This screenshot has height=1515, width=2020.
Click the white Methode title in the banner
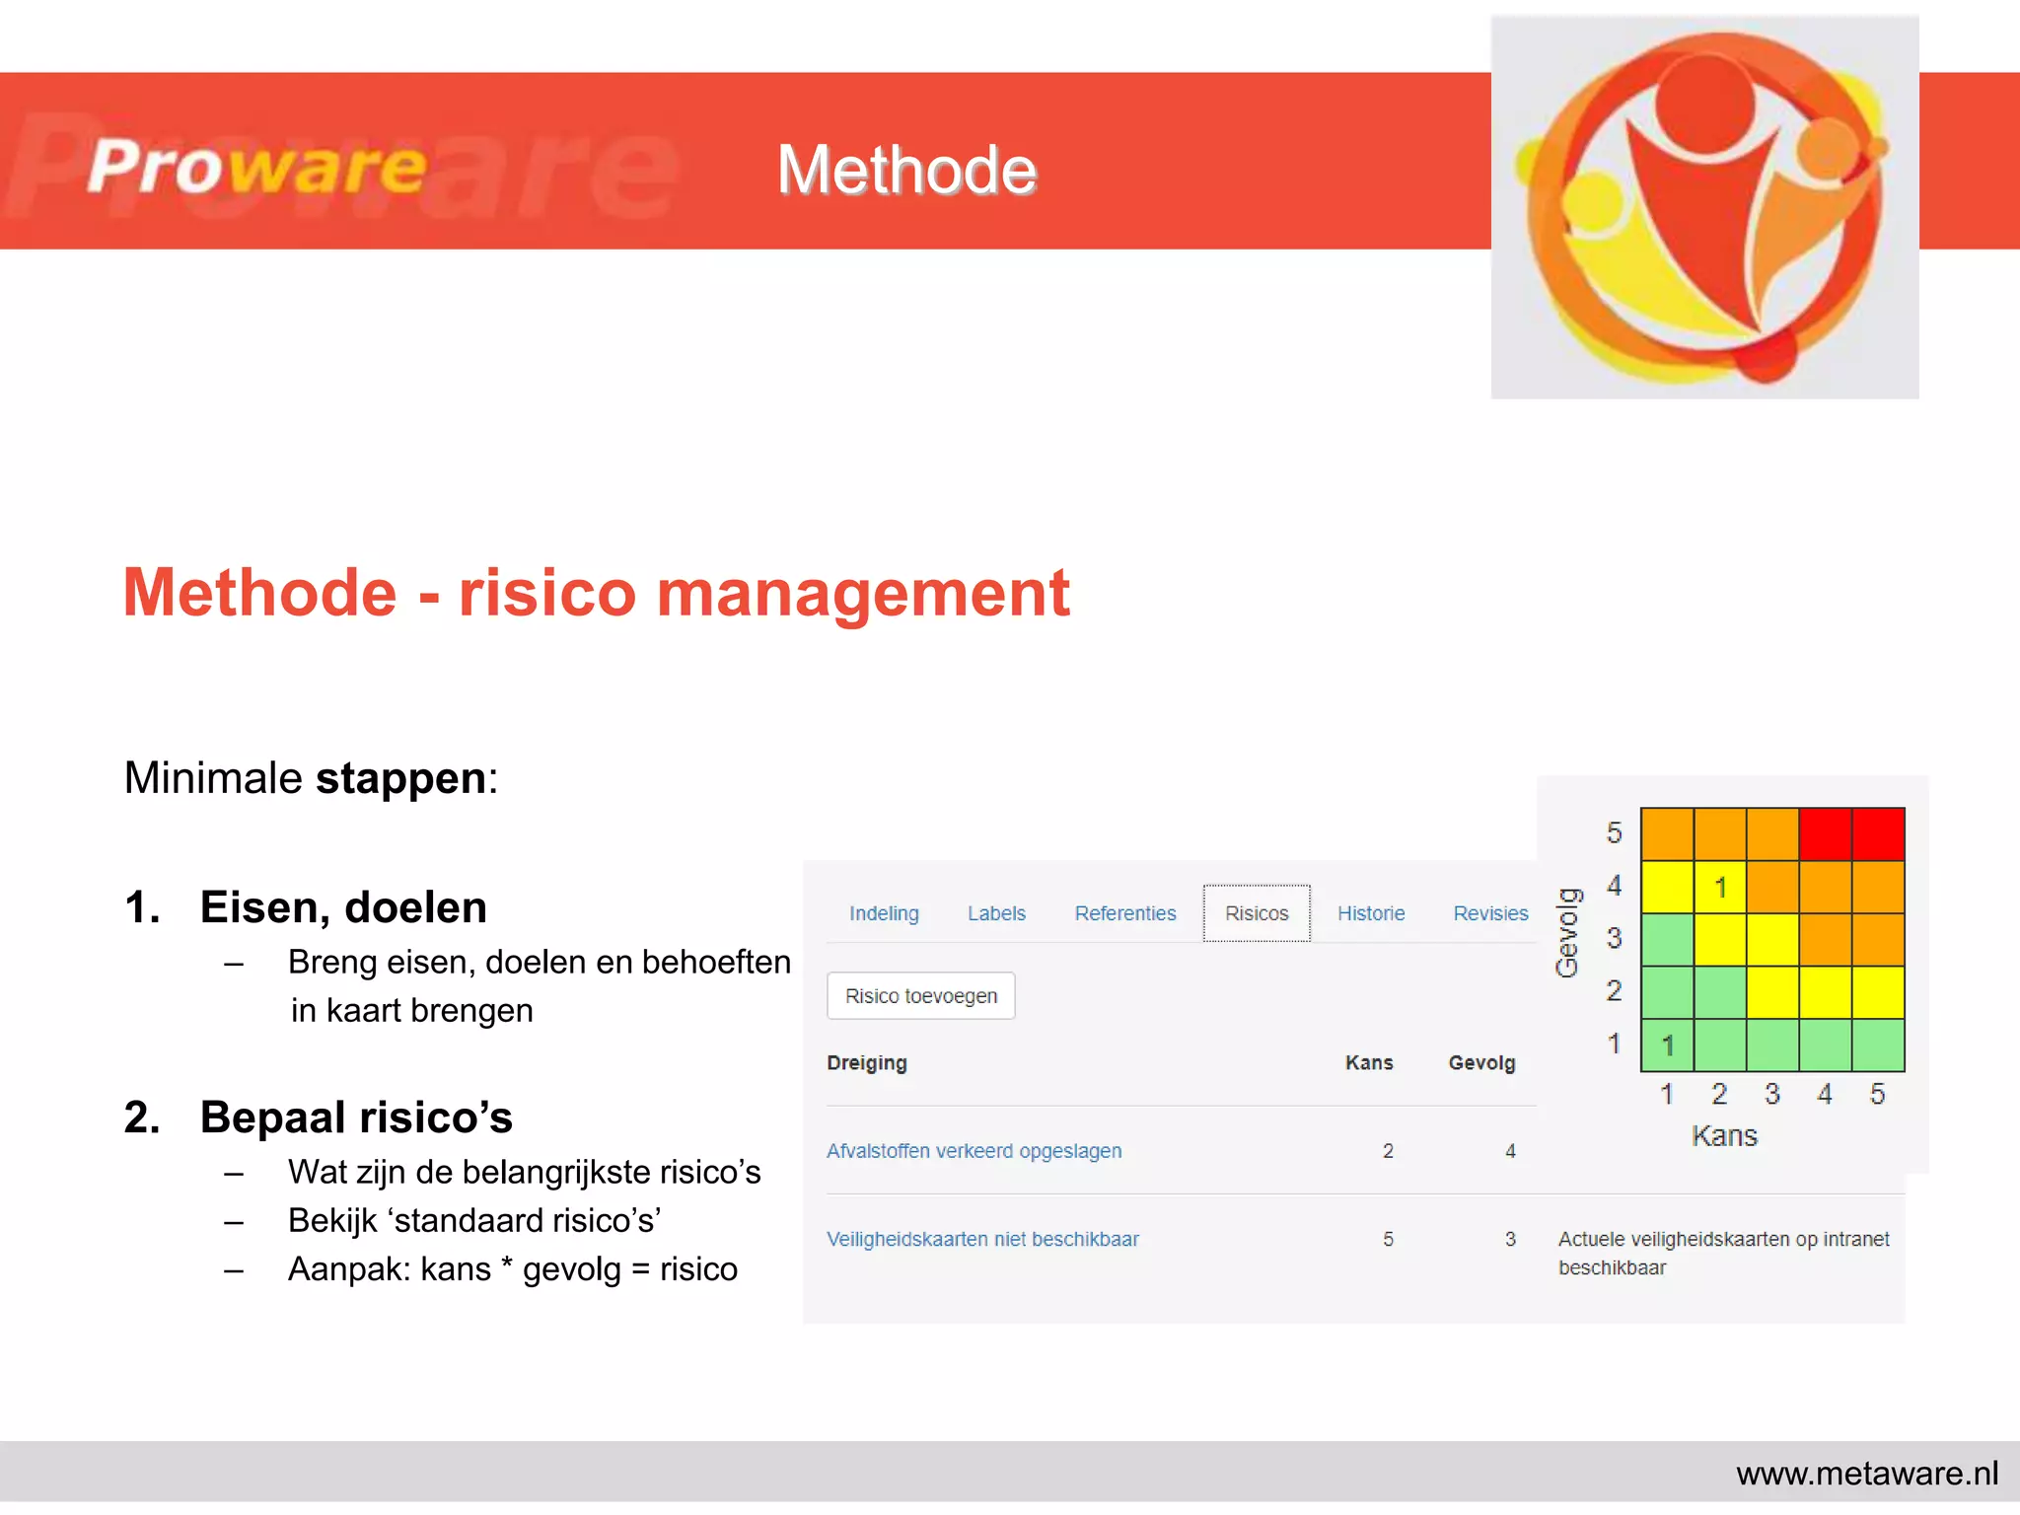point(906,170)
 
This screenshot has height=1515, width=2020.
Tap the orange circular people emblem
point(1704,207)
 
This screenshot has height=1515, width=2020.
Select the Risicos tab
point(1257,913)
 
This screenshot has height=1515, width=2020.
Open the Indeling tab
point(884,913)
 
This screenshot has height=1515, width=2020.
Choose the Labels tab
point(996,913)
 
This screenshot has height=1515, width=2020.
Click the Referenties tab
point(1125,913)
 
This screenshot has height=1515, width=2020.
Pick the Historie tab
point(1371,913)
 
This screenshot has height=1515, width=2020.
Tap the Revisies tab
point(1490,913)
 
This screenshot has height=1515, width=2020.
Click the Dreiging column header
point(867,1062)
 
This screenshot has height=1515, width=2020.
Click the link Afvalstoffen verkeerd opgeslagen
point(974,1151)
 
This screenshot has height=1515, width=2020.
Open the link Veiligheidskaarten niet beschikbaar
point(982,1239)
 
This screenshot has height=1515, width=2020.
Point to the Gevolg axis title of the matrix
point(1567,932)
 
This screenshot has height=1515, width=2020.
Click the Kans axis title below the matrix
point(1724,1136)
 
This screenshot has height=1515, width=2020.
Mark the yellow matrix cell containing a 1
point(1720,887)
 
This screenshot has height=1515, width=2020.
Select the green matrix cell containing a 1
point(1667,1046)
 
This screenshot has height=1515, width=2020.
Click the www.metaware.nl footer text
point(1866,1474)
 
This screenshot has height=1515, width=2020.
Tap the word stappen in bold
point(400,778)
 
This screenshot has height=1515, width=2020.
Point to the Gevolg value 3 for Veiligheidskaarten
point(1510,1239)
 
